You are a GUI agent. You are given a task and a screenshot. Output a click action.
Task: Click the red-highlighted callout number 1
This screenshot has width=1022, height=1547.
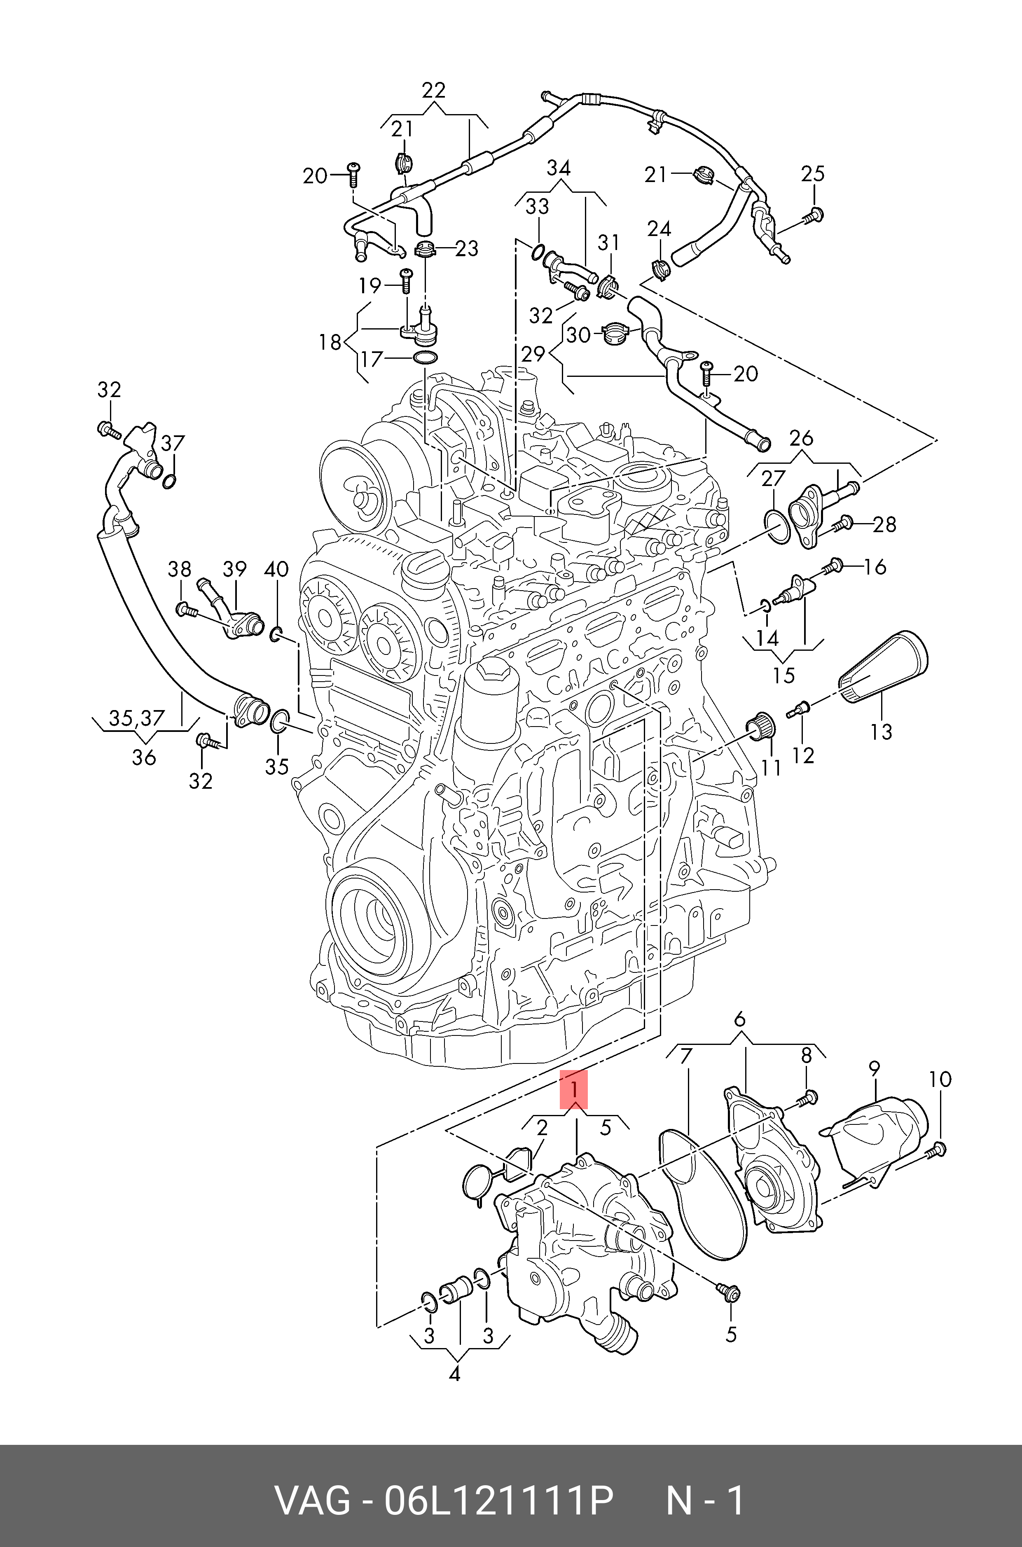pyautogui.click(x=573, y=1089)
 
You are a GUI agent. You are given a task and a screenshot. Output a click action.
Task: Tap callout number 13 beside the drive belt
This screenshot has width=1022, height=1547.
pyautogui.click(x=881, y=731)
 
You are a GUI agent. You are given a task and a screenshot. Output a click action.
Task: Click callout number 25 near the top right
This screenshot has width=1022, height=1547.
pyautogui.click(x=813, y=174)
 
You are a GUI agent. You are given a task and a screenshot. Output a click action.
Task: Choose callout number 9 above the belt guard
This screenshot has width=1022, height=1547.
pyautogui.click(x=874, y=1069)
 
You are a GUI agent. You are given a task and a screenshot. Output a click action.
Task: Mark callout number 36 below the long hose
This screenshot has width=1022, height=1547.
pyautogui.click(x=144, y=757)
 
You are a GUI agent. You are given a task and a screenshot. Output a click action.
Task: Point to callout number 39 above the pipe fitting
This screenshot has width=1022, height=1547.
pyautogui.click(x=235, y=569)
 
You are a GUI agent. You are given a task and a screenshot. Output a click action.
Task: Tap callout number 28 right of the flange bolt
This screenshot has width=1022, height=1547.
pyautogui.click(x=884, y=524)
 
